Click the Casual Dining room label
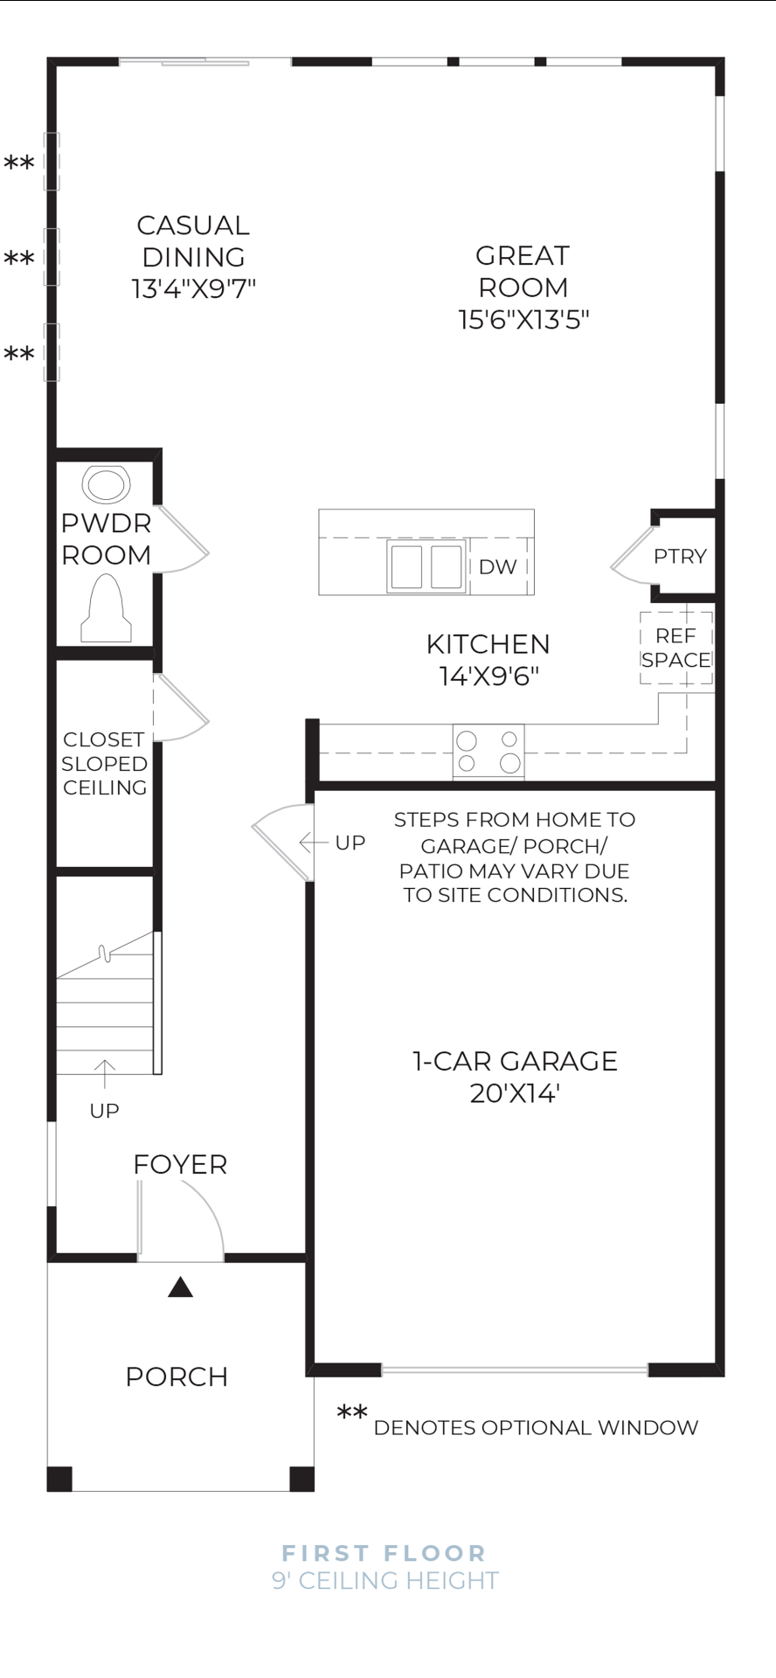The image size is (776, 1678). [193, 241]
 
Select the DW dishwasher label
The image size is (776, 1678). [497, 567]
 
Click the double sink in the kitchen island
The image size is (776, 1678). [426, 566]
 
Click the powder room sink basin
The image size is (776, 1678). [106, 486]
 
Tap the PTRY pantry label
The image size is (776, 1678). [680, 557]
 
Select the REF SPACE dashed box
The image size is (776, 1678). [676, 648]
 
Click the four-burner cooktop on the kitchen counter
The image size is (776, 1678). [488, 752]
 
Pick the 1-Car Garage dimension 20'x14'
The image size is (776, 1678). [515, 1093]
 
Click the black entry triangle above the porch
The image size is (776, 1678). [180, 1287]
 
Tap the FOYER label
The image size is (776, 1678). [180, 1165]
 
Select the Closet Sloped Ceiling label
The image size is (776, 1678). [104, 764]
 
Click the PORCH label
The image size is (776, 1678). [177, 1377]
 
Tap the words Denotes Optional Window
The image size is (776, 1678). [536, 1428]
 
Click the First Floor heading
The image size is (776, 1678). [385, 1553]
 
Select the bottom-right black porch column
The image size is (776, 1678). [301, 1479]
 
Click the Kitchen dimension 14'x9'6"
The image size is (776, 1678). [488, 676]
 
